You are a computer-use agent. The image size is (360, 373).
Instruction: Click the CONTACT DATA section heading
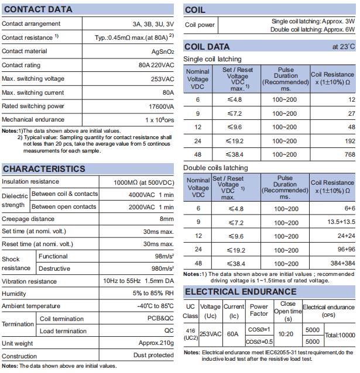[x=38, y=9]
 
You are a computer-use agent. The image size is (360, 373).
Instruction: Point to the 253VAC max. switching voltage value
[x=162, y=79]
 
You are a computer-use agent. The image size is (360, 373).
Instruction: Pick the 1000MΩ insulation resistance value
[x=143, y=182]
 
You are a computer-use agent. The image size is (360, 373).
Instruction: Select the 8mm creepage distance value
[x=167, y=219]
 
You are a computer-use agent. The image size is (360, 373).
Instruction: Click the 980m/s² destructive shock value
[x=161, y=268]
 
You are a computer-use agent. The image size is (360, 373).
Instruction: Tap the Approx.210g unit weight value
[x=156, y=343]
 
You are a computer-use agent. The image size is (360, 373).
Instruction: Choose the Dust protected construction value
[x=153, y=355]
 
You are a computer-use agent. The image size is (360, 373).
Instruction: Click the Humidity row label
[x=15, y=293]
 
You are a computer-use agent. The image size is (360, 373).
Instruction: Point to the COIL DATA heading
[x=207, y=46]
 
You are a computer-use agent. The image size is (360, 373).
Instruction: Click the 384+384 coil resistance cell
[x=342, y=263]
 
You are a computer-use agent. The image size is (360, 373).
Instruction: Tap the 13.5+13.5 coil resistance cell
[x=341, y=222]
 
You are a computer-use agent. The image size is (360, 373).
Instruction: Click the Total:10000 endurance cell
[x=340, y=336]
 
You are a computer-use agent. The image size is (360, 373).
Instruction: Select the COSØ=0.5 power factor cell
[x=259, y=341]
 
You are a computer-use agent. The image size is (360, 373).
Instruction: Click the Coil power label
[x=200, y=25]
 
